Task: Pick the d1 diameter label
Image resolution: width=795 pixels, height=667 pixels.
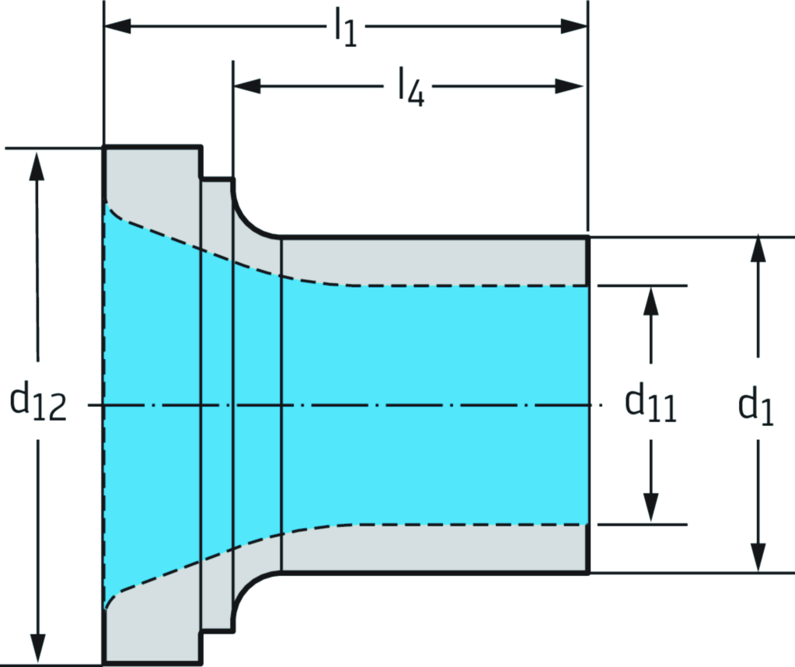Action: [x=756, y=406]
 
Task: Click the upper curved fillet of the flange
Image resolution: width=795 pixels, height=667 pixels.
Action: [x=250, y=218]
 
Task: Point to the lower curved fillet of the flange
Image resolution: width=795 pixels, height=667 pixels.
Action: [x=250, y=592]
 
